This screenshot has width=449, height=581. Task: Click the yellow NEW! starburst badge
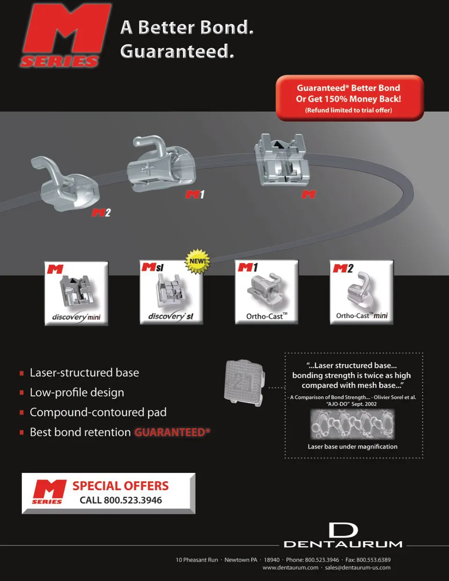pyautogui.click(x=197, y=261)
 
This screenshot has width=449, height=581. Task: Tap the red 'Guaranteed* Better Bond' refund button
pyautogui.click(x=349, y=98)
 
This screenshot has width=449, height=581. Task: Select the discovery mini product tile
pyautogui.click(x=77, y=293)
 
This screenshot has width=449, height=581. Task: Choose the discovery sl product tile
pyautogui.click(x=171, y=293)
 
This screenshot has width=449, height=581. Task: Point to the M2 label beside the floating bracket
pyautogui.click(x=101, y=213)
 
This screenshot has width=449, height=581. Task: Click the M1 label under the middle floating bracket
pyautogui.click(x=195, y=194)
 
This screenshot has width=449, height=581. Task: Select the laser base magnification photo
pyautogui.click(x=352, y=424)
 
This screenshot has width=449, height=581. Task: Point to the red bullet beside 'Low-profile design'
pyautogui.click(x=22, y=393)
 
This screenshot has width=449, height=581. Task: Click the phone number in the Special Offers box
pyautogui.click(x=133, y=500)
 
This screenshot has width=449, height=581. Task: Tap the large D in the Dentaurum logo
pyautogui.click(x=343, y=530)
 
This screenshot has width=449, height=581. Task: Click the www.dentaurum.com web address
pyautogui.click(x=290, y=567)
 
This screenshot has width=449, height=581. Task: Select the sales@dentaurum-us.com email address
pyautogui.click(x=358, y=567)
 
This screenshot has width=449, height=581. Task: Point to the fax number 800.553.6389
pyautogui.click(x=373, y=559)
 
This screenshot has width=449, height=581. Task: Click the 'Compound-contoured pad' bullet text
pyautogui.click(x=98, y=412)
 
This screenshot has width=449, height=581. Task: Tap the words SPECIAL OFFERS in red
pyautogui.click(x=121, y=486)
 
